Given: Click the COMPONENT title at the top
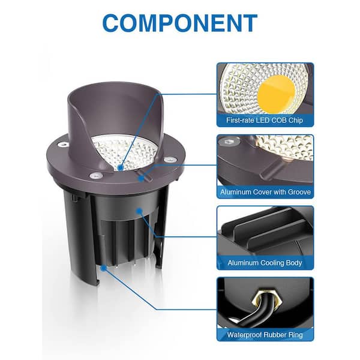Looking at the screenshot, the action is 180,23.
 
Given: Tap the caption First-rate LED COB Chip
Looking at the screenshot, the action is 265,121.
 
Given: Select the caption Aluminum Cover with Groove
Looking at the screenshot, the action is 265,192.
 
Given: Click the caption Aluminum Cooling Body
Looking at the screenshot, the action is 265,263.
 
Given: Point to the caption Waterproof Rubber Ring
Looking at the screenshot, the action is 265,335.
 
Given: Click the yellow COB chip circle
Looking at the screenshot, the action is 276,94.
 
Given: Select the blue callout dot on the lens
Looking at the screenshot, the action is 121,167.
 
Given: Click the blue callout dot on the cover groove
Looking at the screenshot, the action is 142,178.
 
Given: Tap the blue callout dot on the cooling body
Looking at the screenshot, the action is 139,210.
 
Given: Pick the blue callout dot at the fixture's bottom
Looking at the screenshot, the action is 104,268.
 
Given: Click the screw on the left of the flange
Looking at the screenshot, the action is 63,145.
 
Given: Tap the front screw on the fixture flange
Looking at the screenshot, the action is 96,176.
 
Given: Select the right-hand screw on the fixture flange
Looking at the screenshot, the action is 169,159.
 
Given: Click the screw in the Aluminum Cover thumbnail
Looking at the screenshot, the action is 229,142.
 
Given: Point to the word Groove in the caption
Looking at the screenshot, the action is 299,192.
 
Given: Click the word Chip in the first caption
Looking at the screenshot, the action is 296,121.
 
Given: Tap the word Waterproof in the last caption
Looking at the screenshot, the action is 244,335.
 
